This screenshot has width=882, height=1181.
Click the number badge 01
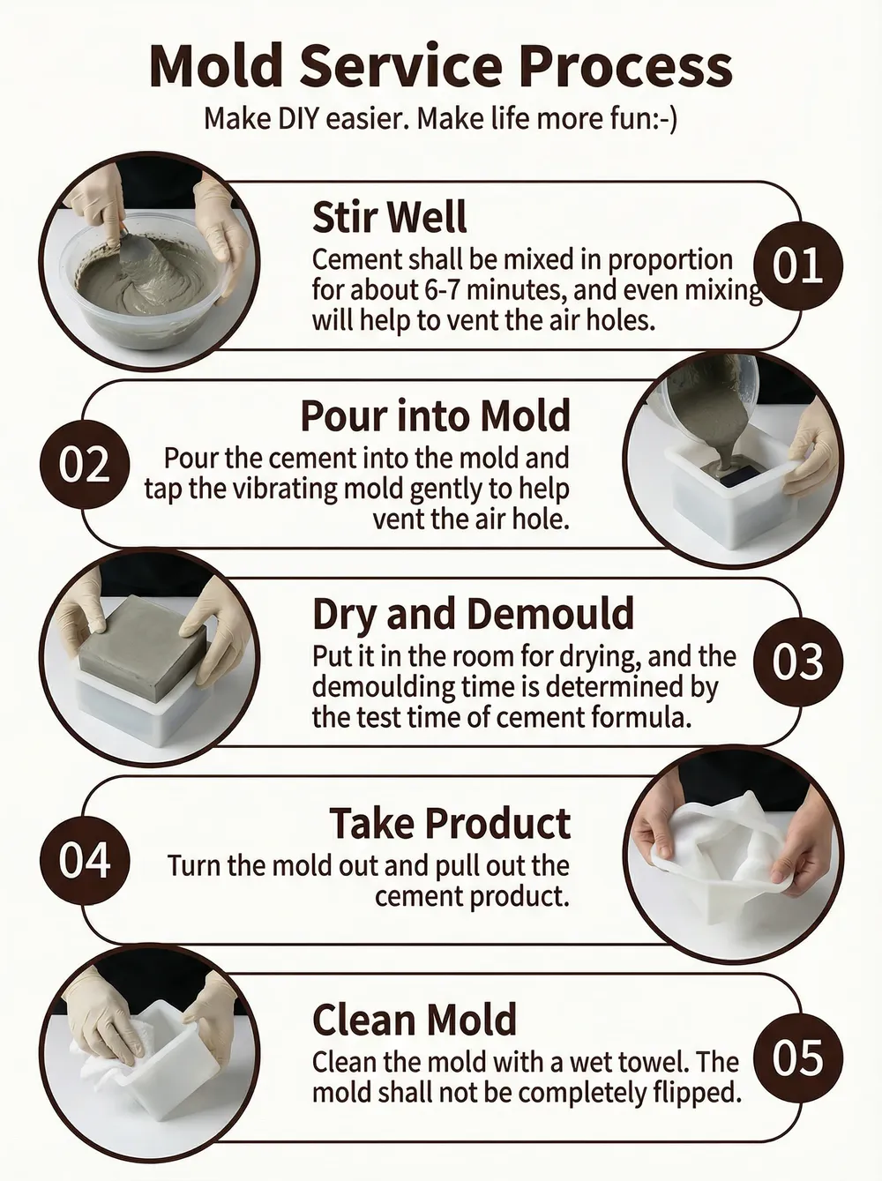coord(798,265)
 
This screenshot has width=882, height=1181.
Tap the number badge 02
coord(85,465)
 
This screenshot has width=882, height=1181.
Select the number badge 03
coord(798,662)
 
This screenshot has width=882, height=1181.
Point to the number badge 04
coord(85,860)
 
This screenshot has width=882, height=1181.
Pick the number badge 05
coord(798,1058)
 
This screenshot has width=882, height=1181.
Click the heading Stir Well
coord(389,217)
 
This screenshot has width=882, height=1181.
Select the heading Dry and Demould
coord(474,614)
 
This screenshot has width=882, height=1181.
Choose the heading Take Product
coord(450,823)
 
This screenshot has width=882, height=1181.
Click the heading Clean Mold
coord(415,1020)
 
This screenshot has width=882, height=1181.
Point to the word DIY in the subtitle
coord(298,119)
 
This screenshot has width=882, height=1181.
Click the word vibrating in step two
coord(288,490)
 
